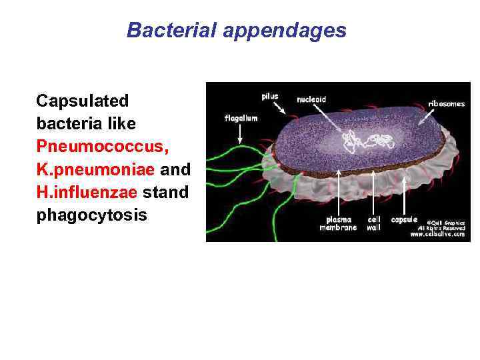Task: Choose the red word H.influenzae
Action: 87,192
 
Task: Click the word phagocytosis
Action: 91,215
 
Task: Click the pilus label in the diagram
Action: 270,96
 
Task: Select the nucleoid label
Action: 311,99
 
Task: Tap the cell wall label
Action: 373,223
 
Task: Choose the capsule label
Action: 404,219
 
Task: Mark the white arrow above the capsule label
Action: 405,193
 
